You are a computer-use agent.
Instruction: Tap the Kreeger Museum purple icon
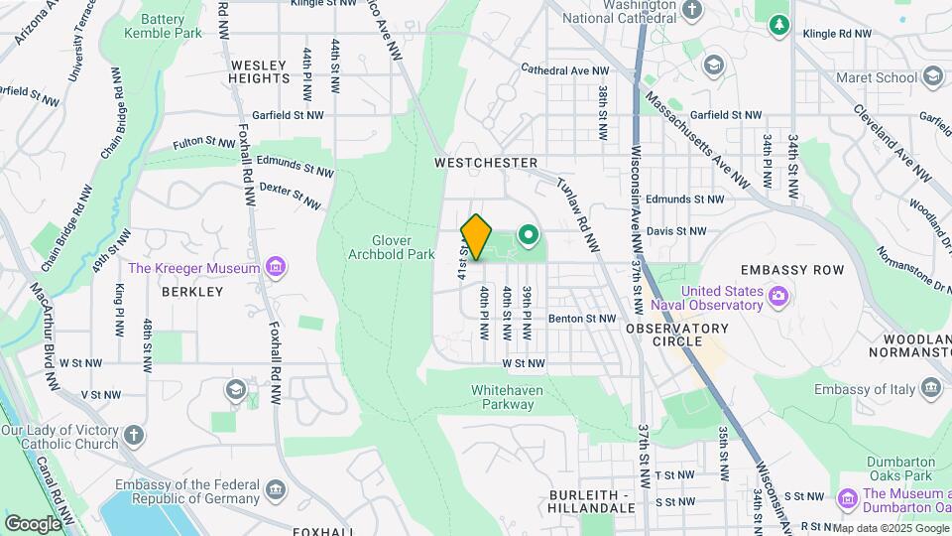tap(277, 267)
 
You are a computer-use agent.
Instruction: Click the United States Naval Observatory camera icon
tap(778, 295)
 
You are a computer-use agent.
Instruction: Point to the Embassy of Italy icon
tap(931, 387)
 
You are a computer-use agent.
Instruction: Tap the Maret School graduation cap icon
tap(932, 76)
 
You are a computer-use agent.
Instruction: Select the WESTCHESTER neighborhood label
tap(486, 163)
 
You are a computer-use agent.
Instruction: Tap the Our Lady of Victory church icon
tap(134, 435)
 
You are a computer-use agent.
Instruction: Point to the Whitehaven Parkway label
tap(507, 397)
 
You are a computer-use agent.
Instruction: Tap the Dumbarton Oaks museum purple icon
tap(847, 496)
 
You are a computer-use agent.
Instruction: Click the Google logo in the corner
tap(33, 523)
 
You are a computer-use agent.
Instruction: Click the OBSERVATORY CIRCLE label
tap(677, 335)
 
